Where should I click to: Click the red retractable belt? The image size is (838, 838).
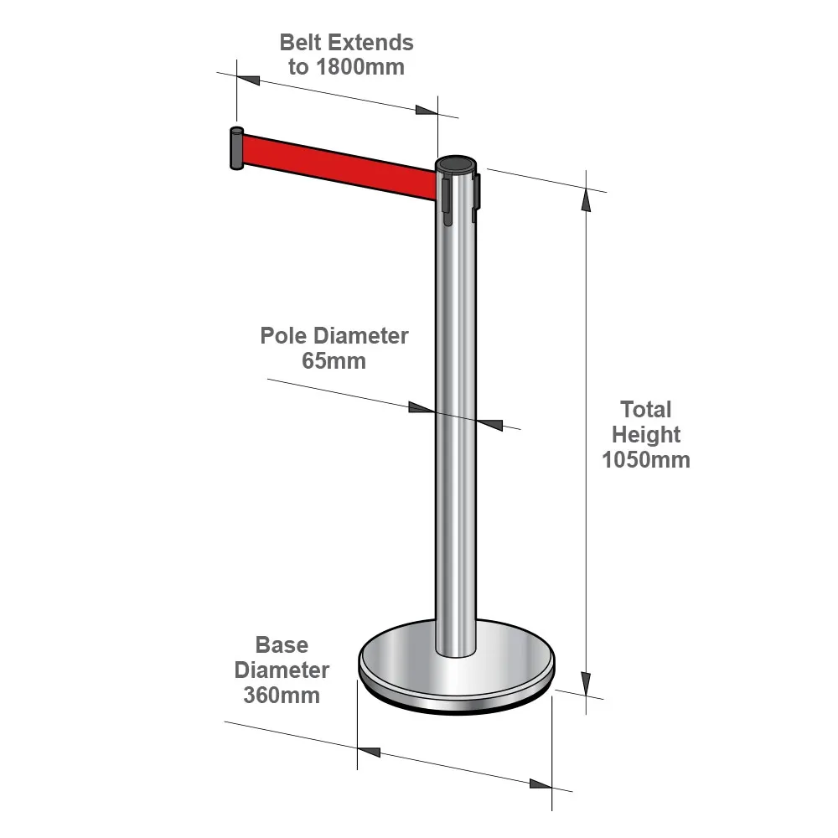coord(340,166)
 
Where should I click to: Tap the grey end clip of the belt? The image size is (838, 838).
coord(236,148)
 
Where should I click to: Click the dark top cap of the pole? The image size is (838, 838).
coord(456,163)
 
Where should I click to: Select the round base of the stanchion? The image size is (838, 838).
coord(457,668)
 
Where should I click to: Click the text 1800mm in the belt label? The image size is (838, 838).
coord(360,67)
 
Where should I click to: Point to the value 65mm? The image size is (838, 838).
coord(334,360)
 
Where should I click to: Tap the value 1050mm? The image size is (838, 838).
coord(646,459)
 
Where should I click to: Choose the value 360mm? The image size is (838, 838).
coord(282,696)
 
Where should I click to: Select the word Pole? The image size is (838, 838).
coord(283,336)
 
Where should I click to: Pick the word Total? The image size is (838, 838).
coord(645,410)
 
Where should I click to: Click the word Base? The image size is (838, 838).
coord(282,645)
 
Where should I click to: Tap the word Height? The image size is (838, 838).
coord(646,434)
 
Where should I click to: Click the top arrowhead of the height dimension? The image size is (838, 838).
coord(587,200)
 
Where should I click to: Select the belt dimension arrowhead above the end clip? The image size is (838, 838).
coord(249,80)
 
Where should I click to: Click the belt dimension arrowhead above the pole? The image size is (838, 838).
coord(427,110)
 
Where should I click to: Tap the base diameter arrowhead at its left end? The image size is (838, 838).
coord(369,752)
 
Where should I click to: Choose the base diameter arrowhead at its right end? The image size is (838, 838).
coord(541,784)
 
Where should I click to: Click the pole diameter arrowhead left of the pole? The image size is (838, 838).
coord(422,408)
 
